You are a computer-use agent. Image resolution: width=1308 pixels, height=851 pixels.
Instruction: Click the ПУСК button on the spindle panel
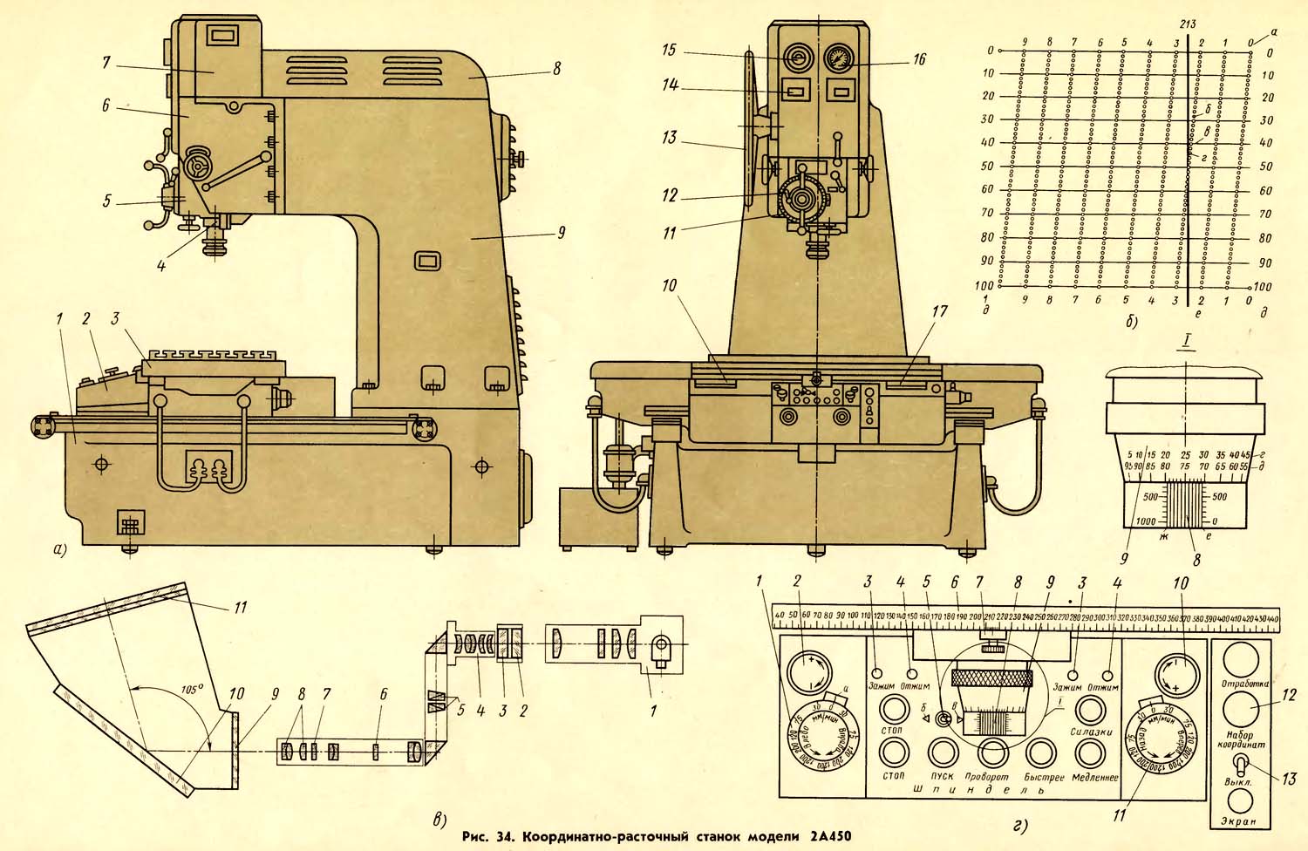point(943,751)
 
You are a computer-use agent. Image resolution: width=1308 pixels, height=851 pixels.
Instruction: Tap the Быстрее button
point(1042,751)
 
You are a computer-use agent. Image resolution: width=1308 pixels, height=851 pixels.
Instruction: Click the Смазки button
point(1090,708)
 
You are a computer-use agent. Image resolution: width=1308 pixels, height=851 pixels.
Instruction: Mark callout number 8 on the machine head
point(556,68)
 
